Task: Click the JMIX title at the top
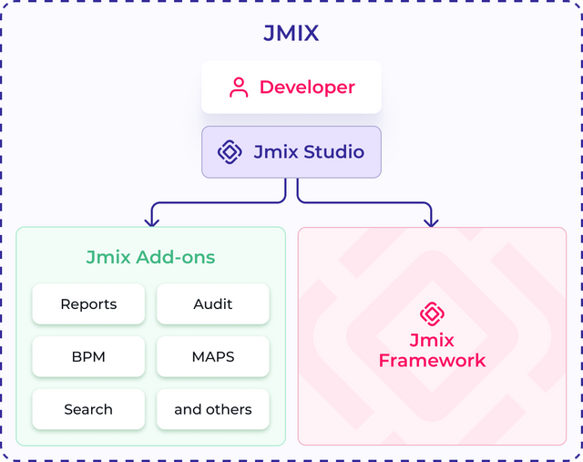click(x=291, y=35)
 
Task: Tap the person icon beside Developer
click(x=239, y=87)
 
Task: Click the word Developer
click(x=307, y=87)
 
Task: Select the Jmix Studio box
click(x=291, y=151)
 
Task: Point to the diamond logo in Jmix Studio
click(x=229, y=152)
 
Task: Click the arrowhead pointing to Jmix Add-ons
click(x=152, y=220)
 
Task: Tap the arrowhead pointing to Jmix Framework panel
click(x=431, y=220)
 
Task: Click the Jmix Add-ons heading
click(x=150, y=257)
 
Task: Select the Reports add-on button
click(x=88, y=304)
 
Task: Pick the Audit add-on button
click(x=213, y=304)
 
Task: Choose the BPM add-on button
click(x=88, y=356)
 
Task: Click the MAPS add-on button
click(x=213, y=356)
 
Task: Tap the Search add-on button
click(x=88, y=409)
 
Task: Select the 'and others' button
click(x=213, y=409)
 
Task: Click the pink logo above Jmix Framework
click(x=432, y=313)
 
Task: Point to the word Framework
click(x=432, y=361)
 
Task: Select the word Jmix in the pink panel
click(x=432, y=341)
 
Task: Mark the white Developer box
click(x=291, y=87)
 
